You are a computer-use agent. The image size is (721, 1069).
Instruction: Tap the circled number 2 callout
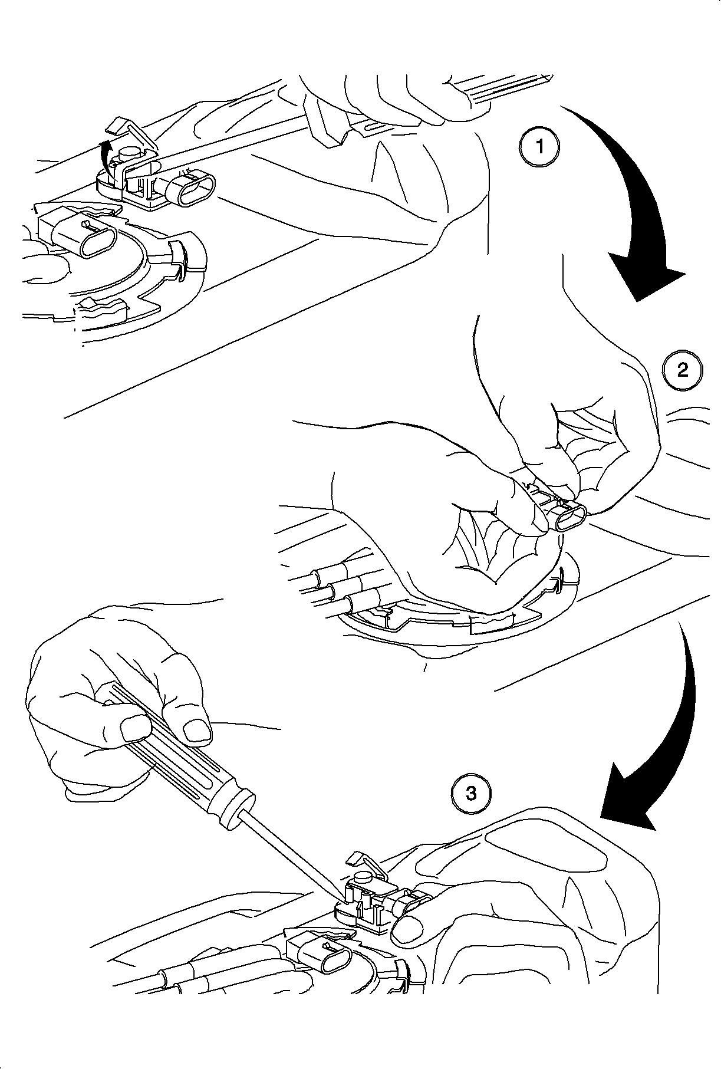click(x=682, y=370)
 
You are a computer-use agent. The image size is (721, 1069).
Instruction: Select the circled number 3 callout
click(x=472, y=793)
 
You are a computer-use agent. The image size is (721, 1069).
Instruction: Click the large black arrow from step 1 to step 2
click(x=637, y=195)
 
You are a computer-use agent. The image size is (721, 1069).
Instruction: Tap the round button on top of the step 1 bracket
click(x=130, y=154)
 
